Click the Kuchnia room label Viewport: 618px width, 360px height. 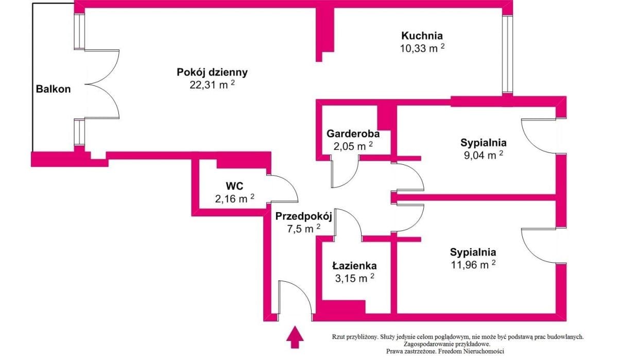422,36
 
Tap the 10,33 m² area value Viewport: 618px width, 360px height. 422,48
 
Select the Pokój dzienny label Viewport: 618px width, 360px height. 212,72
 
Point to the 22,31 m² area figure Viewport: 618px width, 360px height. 212,84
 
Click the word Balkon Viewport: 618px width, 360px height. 53,89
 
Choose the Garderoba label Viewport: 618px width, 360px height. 353,134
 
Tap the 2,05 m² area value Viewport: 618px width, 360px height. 353,146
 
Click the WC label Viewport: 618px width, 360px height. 234,186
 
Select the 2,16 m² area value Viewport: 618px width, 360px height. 235,198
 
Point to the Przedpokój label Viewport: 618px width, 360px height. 303,216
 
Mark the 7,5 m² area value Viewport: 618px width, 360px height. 304,229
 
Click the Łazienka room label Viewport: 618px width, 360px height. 354,266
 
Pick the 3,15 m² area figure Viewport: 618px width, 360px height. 355,278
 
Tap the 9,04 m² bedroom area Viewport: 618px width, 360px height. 484,156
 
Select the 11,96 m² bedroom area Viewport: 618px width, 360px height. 473,265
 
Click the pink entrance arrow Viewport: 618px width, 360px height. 295,337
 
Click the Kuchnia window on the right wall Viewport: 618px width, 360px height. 507,54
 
